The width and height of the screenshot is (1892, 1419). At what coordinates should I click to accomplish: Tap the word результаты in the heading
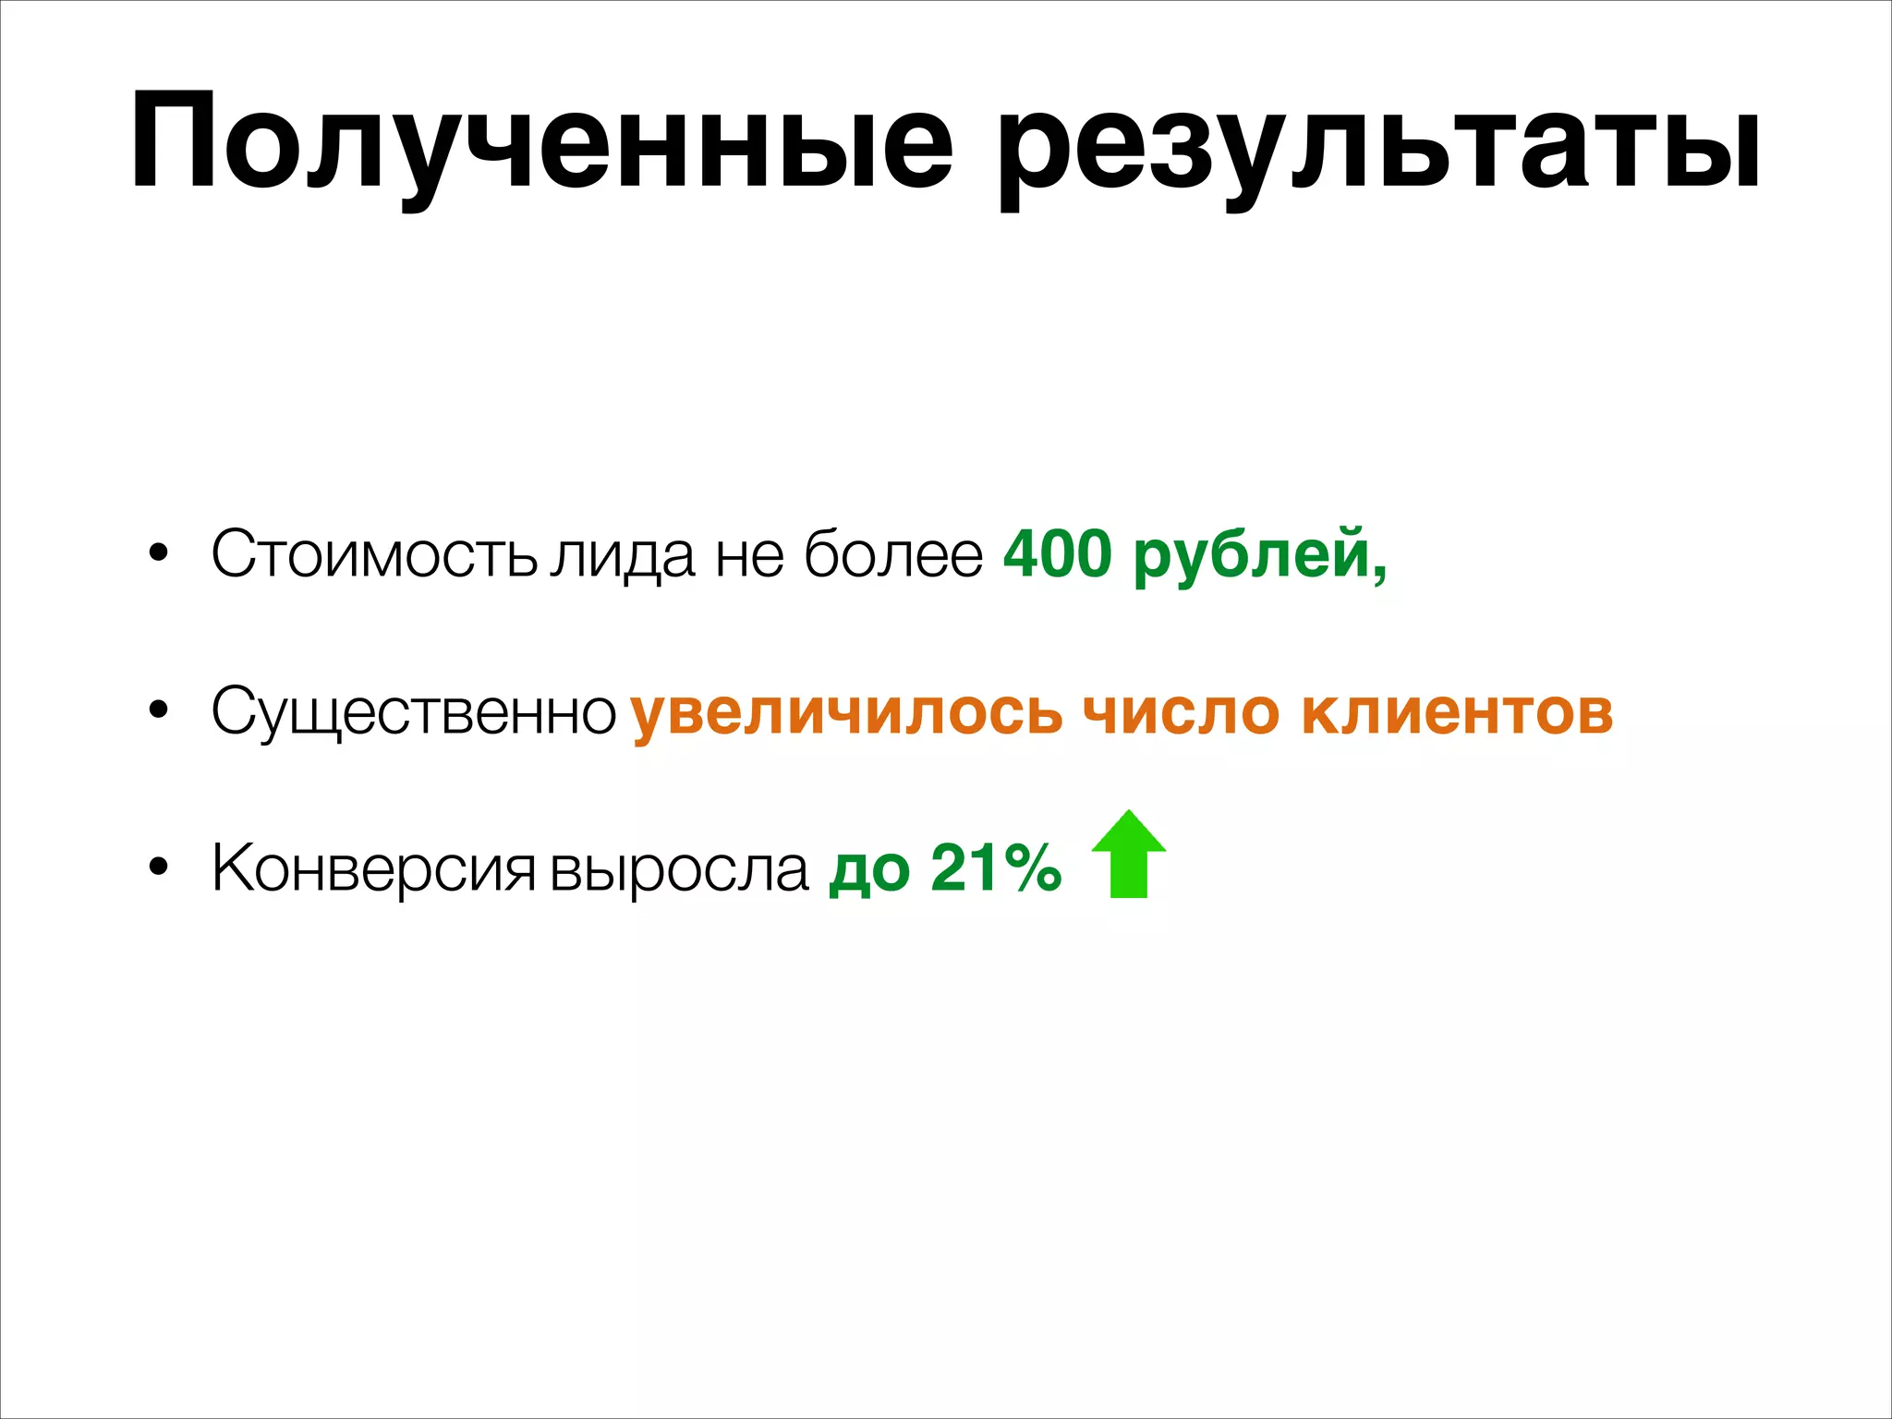point(1380,148)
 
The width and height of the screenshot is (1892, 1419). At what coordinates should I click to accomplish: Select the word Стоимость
point(374,554)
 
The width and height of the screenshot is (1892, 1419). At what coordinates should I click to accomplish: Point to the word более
point(893,554)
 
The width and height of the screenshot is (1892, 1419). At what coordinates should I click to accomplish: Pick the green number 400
point(1057,554)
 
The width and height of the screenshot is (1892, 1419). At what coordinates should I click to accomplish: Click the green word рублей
point(1258,556)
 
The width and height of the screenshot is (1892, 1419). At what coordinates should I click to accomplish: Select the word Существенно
point(414,712)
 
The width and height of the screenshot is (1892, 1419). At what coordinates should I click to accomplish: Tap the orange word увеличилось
point(846,712)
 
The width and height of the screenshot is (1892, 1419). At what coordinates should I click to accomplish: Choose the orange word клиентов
point(1457,712)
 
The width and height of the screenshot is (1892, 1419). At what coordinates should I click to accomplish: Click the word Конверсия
point(373,869)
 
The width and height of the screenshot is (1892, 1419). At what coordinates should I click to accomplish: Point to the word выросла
point(679,869)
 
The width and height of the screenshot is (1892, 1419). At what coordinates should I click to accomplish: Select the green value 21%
point(996,868)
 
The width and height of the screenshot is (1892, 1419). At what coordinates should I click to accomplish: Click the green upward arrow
point(1128,855)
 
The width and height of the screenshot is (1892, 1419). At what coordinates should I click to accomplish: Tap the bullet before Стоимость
point(159,553)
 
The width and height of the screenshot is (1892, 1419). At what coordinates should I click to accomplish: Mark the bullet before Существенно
point(159,710)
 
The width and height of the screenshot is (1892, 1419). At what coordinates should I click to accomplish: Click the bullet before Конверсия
point(159,867)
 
